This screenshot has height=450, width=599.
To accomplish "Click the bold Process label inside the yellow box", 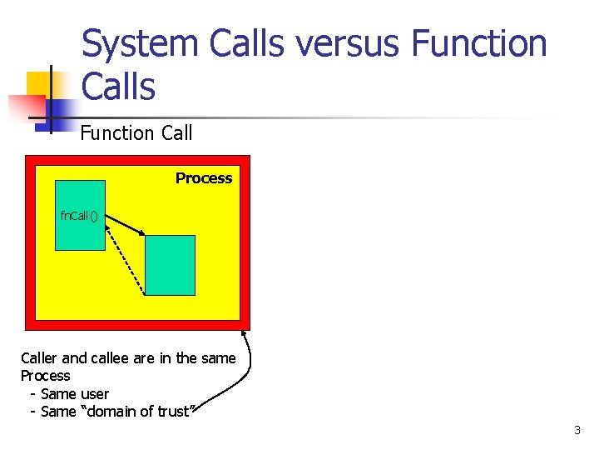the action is click(204, 178).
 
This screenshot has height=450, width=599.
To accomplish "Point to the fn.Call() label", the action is click(79, 216).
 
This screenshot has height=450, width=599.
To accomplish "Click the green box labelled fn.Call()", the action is click(80, 233).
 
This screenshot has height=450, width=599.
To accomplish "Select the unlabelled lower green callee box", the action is click(171, 265).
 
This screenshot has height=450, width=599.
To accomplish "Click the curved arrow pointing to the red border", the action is click(241, 375).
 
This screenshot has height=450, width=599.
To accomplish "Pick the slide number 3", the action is click(577, 431).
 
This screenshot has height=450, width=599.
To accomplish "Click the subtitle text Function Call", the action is click(136, 133).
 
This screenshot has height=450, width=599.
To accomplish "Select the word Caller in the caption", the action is click(39, 358).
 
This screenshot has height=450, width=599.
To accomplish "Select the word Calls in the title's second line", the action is click(118, 87).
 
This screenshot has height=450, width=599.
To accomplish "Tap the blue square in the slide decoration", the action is click(60, 111).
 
